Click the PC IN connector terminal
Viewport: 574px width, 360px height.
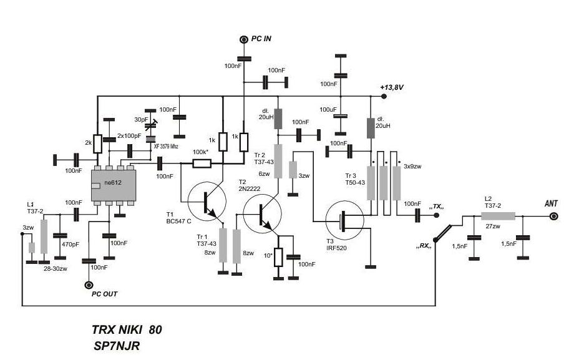[243, 40]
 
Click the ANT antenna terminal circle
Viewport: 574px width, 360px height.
[553, 216]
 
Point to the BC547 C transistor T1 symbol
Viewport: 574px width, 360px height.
[207, 201]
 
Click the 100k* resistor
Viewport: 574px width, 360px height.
[202, 163]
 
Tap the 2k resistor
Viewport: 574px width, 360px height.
[97, 144]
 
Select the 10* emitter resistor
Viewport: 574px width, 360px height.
[278, 256]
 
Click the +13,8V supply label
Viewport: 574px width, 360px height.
[392, 87]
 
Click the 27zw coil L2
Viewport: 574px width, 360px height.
[498, 216]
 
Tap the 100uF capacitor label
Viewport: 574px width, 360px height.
[328, 109]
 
